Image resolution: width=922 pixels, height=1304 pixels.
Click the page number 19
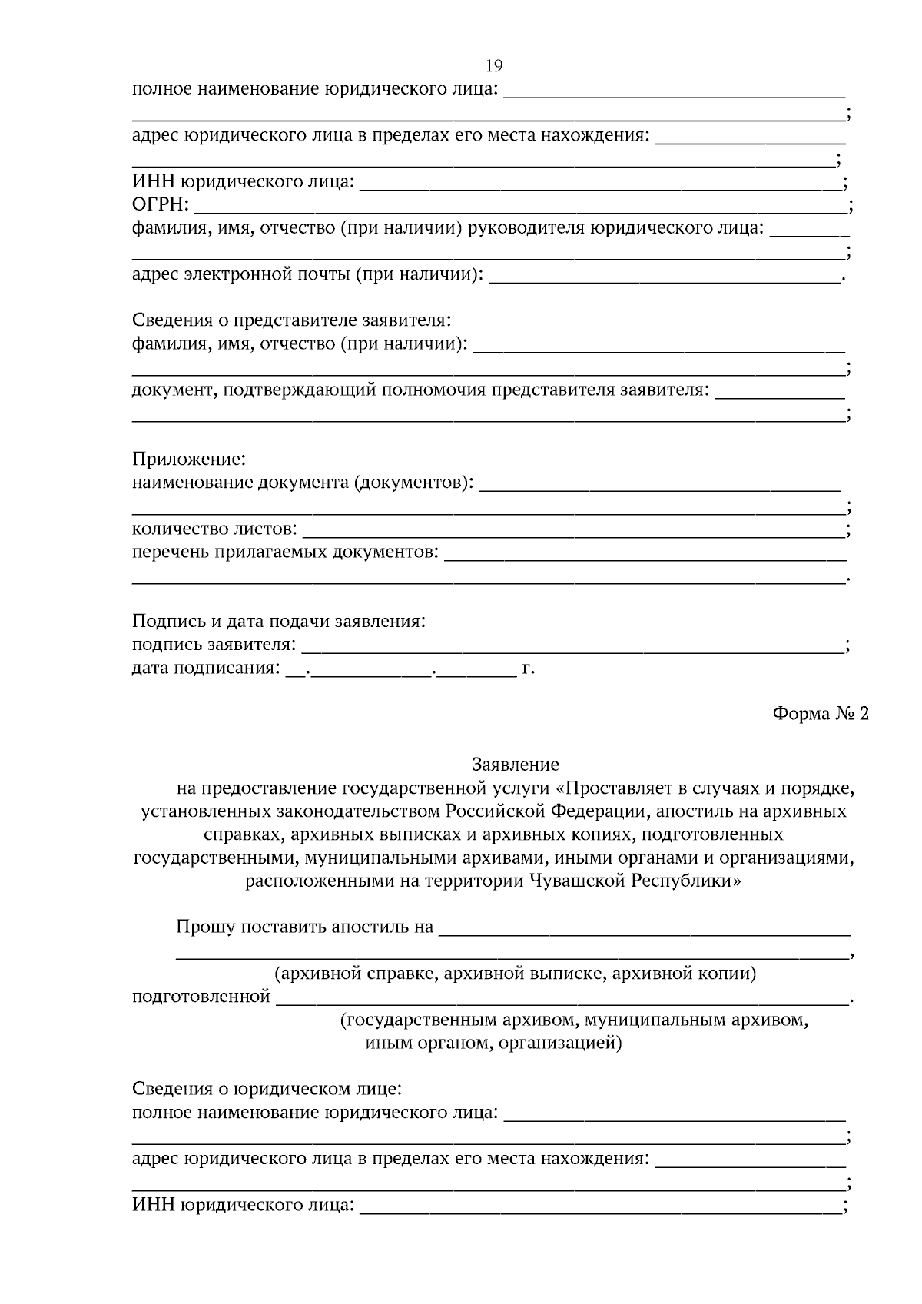coord(494,65)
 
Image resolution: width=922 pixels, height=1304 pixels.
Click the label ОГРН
coord(160,205)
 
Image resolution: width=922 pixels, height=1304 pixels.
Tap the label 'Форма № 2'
coord(820,714)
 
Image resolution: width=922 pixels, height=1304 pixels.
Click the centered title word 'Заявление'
coord(515,765)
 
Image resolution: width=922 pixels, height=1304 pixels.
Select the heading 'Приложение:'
coord(188,460)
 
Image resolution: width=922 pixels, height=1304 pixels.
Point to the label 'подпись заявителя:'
coord(213,645)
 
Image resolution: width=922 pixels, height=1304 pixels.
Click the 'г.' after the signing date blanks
coord(528,668)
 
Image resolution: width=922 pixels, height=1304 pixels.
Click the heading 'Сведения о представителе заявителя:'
coord(291,320)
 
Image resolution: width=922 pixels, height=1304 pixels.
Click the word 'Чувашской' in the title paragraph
coord(578,881)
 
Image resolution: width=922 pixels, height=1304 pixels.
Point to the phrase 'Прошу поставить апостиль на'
coord(305,927)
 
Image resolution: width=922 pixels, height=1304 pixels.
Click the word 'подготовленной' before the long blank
coord(201,997)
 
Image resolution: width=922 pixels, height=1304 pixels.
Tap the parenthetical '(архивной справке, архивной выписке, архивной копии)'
coord(516,974)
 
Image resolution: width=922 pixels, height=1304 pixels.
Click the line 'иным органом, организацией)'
coord(493,1044)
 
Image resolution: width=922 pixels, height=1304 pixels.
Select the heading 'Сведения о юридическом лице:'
coord(267,1089)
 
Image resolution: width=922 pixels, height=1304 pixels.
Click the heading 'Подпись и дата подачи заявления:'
coord(278,621)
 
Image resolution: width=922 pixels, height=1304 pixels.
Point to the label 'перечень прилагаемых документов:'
coord(285,552)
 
